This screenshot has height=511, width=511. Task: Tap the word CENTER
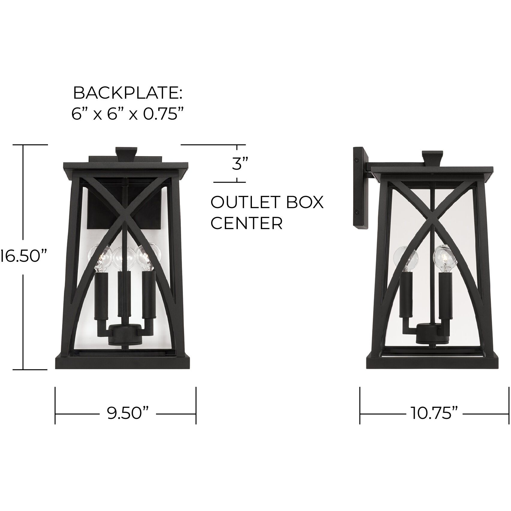pyautogui.click(x=247, y=223)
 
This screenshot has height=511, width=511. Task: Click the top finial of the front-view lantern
pyautogui.click(x=127, y=153)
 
